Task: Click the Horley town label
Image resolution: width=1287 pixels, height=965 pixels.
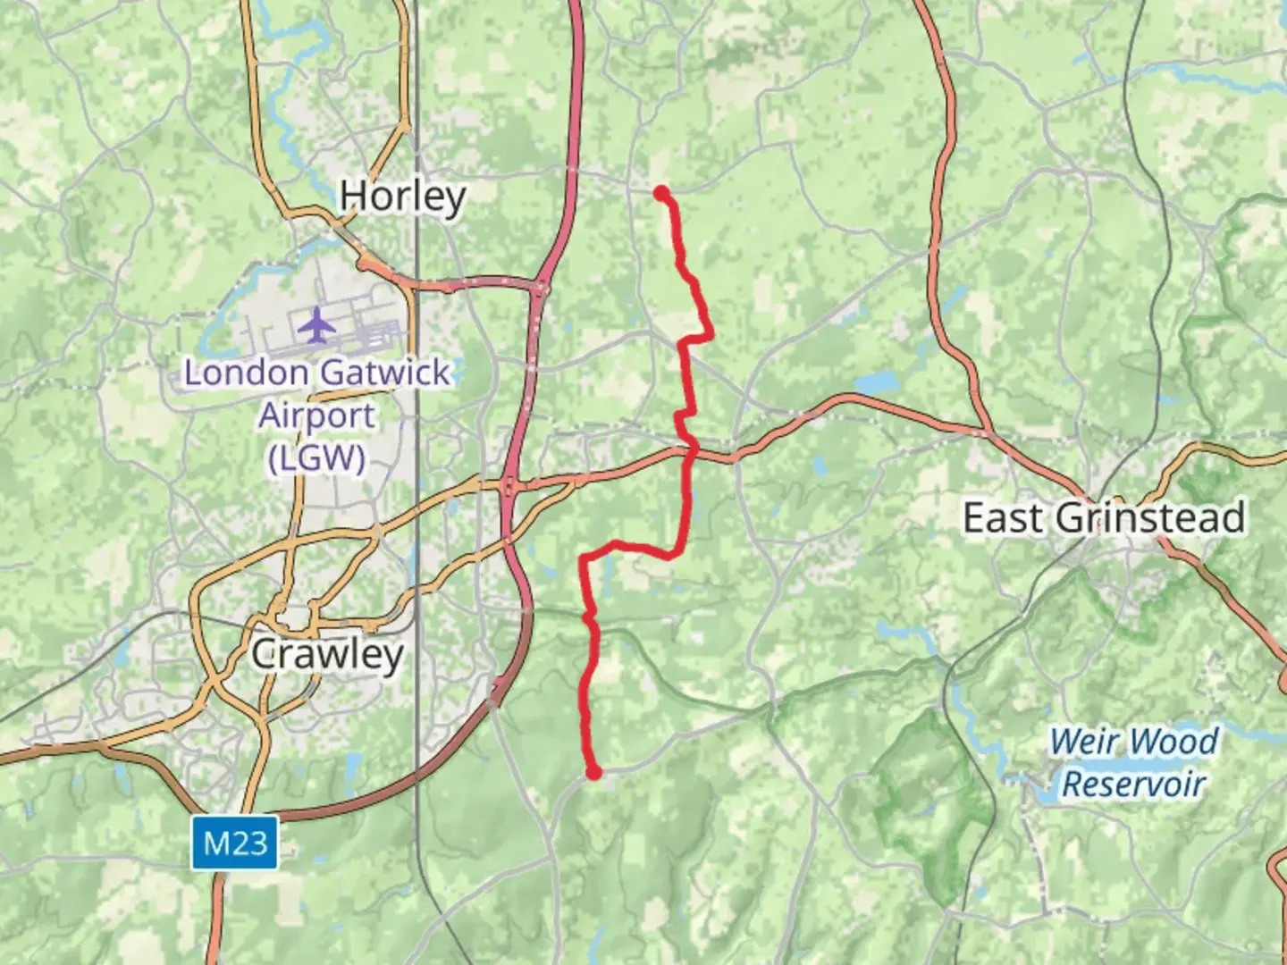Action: coord(402,196)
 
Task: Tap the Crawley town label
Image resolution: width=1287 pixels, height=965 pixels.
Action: coord(327,654)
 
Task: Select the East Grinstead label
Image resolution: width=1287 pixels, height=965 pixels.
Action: coord(1103,517)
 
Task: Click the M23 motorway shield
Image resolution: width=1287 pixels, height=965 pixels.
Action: coord(234,843)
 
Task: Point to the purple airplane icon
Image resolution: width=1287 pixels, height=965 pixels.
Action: coord(316,325)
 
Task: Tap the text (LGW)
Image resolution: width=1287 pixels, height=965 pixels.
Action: coord(316,458)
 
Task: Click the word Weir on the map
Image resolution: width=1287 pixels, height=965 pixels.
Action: coord(1085,742)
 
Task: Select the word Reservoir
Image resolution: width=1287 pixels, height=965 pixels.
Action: coord(1133,785)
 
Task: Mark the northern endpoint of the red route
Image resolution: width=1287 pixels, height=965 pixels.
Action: coord(660,192)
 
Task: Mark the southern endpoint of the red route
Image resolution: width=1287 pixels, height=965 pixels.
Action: coord(593,773)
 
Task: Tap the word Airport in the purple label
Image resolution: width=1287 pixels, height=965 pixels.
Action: coord(316,415)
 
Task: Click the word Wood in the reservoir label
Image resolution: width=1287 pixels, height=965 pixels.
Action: coord(1173,742)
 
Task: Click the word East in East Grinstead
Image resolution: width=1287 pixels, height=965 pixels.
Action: coord(1002,517)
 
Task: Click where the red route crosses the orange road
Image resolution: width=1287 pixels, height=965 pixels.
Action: coord(690,453)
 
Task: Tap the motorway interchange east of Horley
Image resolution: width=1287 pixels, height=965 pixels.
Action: coord(540,288)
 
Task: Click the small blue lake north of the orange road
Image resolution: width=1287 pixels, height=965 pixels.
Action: coord(875,383)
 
